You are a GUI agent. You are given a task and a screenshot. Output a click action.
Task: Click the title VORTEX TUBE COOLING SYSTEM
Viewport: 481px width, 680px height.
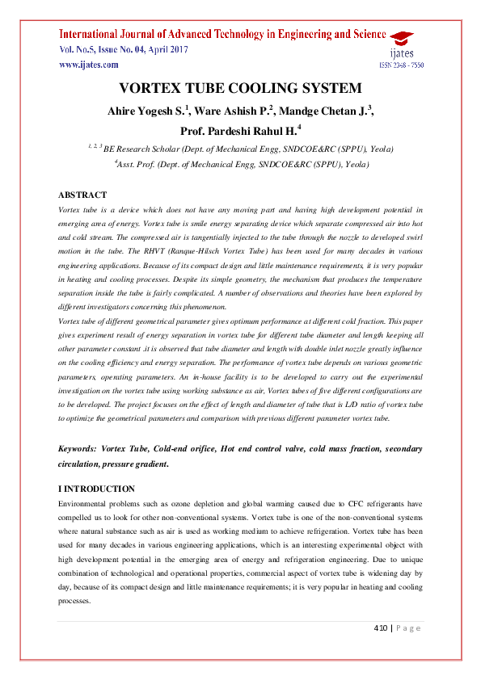click(x=240, y=89)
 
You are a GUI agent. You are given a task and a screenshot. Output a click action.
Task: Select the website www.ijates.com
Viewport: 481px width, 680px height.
click(x=88, y=65)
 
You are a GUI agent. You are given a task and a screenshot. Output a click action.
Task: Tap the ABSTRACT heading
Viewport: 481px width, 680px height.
click(x=82, y=195)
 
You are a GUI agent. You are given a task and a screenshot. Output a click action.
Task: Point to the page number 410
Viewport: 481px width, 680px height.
click(x=381, y=628)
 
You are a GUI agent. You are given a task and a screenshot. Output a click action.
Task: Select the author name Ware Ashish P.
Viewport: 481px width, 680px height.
click(x=237, y=111)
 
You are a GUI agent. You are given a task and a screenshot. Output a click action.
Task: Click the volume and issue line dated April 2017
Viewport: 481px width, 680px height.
click(x=116, y=50)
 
